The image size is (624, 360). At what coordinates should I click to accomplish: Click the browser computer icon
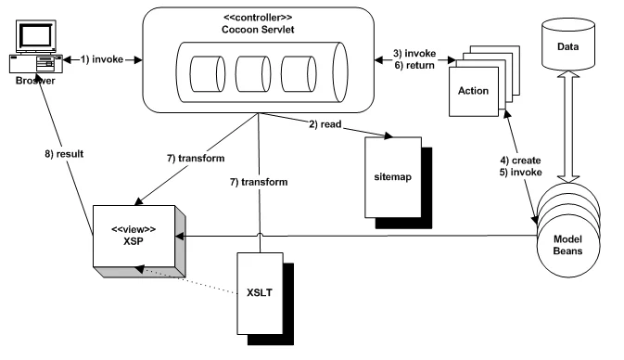[36, 46]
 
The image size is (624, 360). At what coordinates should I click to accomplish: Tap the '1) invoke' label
[102, 59]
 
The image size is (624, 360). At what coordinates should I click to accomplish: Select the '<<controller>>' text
[258, 18]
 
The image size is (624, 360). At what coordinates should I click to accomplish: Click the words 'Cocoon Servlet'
[258, 30]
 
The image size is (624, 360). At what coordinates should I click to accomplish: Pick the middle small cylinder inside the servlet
[253, 74]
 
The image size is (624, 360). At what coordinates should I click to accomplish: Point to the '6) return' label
[414, 65]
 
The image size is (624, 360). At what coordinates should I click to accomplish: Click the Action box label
[473, 91]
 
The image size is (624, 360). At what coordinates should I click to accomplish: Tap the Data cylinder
[568, 44]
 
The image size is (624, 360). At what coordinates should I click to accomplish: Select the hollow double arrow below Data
[568, 126]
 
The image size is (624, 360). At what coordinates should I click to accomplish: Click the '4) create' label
[520, 161]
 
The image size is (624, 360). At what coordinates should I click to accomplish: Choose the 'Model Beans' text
[567, 245]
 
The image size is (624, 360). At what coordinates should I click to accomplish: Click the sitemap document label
[392, 177]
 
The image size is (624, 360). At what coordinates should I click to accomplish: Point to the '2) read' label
[325, 124]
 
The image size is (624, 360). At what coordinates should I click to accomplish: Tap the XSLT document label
[260, 292]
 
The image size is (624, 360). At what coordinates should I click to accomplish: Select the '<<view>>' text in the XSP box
[134, 229]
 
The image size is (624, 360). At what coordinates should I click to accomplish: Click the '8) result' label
[64, 154]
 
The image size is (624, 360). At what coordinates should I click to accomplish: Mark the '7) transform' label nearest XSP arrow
[196, 158]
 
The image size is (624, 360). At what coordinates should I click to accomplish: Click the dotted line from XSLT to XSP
[186, 281]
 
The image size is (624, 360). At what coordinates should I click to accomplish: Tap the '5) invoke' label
[521, 173]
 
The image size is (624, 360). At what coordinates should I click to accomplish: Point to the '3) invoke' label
[414, 54]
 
